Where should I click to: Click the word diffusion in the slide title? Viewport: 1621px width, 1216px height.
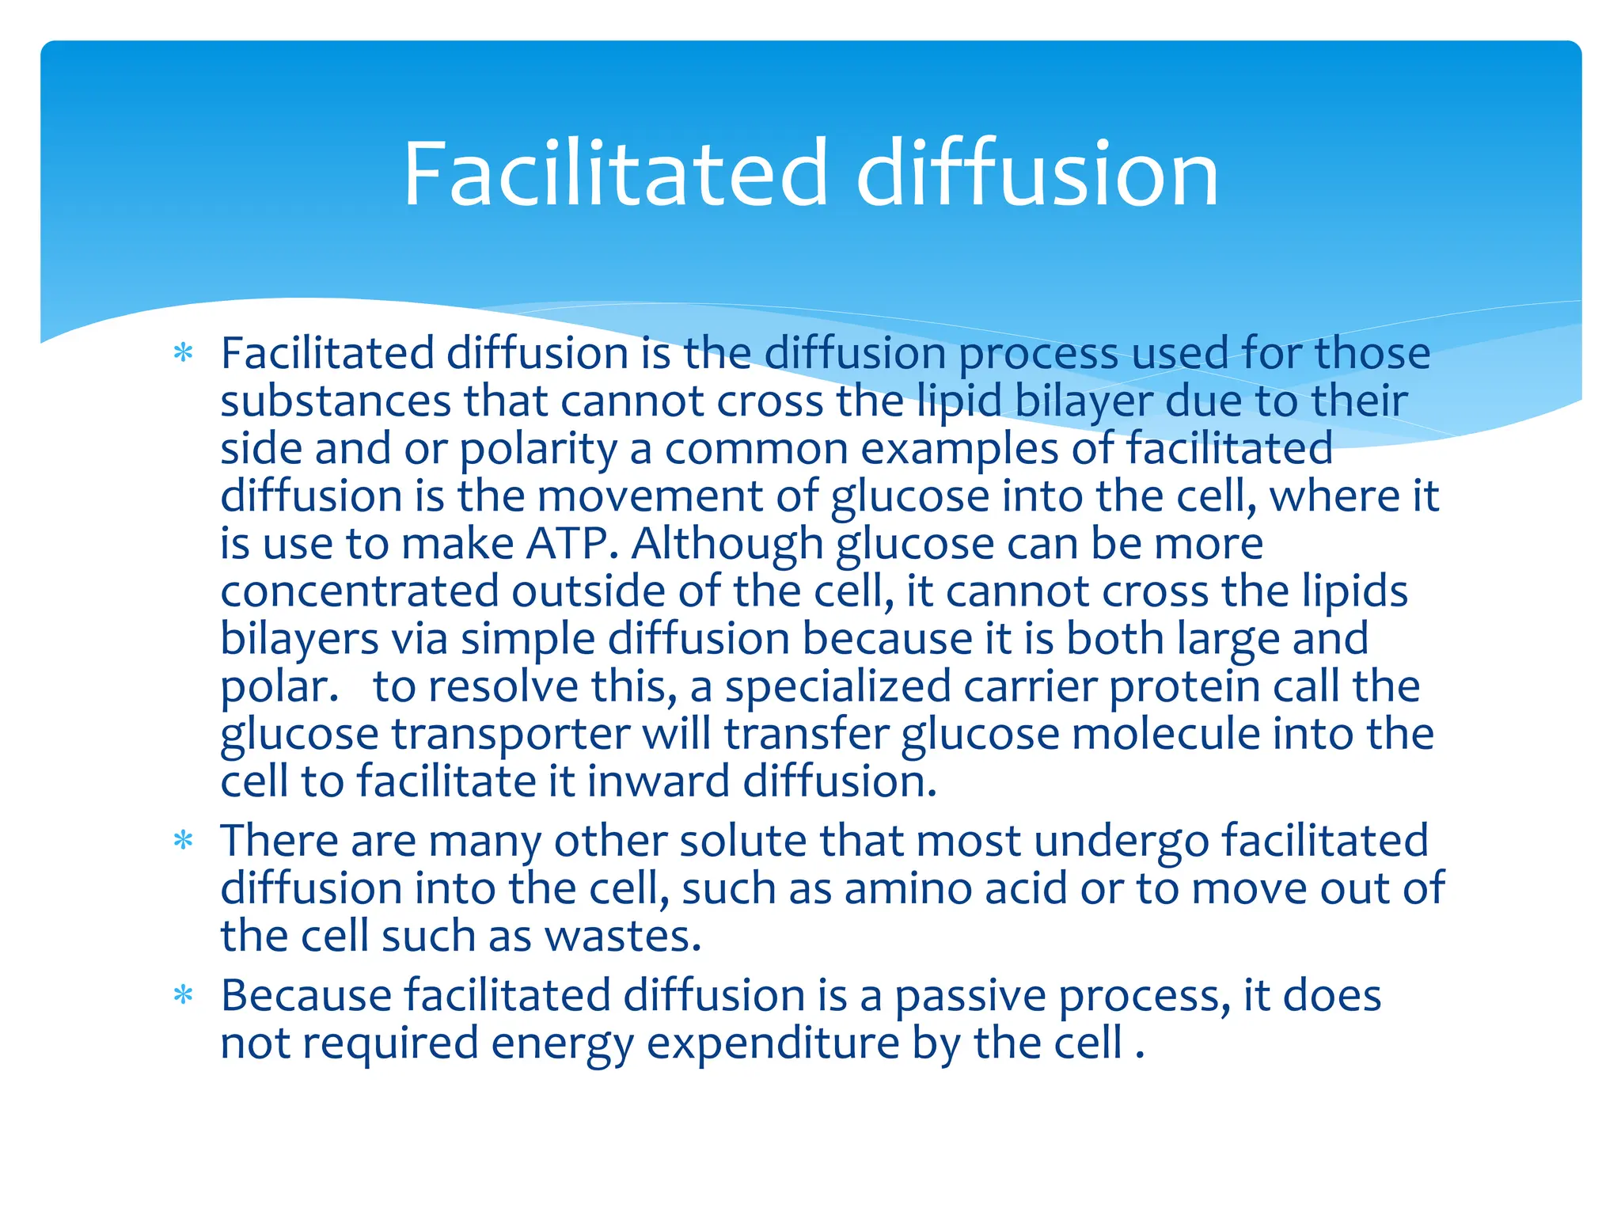[x=1037, y=174]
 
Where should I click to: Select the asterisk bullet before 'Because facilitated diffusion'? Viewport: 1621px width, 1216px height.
[x=184, y=995]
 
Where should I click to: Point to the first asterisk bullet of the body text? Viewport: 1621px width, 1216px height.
[x=184, y=353]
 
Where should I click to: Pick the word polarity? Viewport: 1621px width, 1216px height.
[x=538, y=450]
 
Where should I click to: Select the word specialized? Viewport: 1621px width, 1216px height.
[x=837, y=686]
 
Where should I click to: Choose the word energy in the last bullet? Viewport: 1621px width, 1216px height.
[x=562, y=1043]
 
